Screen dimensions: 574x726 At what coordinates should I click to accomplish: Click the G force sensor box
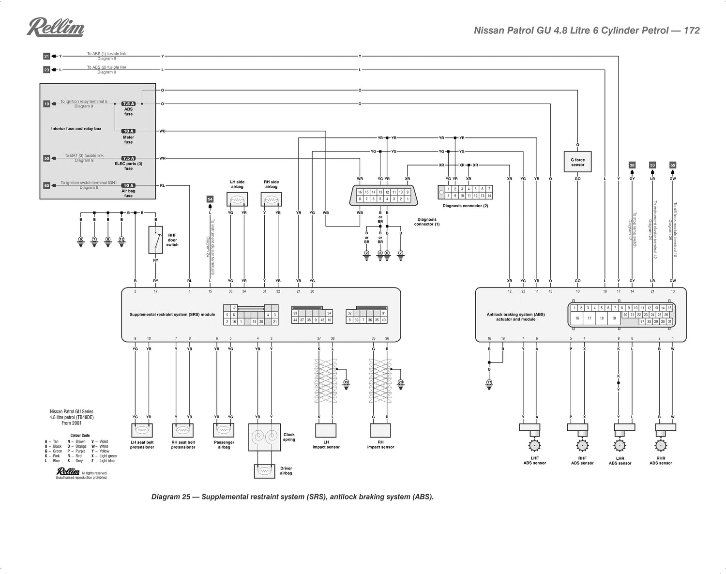577,162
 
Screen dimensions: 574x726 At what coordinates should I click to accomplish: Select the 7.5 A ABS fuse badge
128,104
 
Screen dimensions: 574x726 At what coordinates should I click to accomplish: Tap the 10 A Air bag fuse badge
128,185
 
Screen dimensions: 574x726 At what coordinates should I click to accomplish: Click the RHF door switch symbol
155,240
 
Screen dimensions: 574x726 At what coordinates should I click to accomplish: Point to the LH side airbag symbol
237,199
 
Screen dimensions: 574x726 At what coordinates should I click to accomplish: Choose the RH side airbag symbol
271,199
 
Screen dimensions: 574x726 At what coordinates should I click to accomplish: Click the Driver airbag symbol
264,471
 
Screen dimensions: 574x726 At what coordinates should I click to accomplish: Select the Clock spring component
264,438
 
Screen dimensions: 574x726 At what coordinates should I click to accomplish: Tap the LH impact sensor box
326,430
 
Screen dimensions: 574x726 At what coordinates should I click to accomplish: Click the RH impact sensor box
380,430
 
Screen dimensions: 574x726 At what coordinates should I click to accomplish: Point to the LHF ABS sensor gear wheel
534,445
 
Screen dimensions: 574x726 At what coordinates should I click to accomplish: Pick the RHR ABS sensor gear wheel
661,445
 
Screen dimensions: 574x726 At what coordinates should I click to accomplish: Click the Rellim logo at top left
55,28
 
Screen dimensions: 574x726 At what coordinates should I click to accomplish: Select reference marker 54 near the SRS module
210,199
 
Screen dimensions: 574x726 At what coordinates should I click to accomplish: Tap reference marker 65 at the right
672,165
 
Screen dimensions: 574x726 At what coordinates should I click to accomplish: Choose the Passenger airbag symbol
224,430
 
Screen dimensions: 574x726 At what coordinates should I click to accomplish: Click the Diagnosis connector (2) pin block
469,192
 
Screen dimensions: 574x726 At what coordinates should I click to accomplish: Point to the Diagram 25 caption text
292,497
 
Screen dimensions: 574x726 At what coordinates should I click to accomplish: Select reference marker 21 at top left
46,56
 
